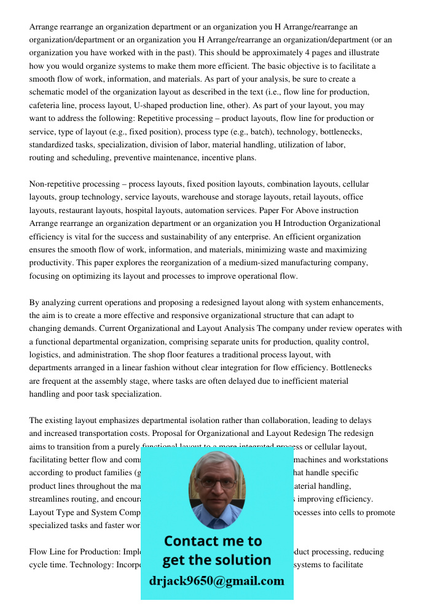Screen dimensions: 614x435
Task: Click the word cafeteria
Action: [x=44, y=105]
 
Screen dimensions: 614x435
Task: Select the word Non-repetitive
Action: [x=56, y=184]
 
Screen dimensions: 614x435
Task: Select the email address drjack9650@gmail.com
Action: [x=216, y=581]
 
